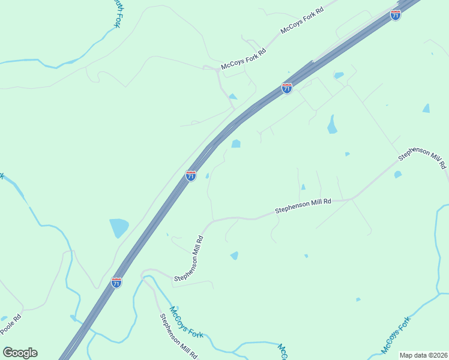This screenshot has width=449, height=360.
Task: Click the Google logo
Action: point(20,353)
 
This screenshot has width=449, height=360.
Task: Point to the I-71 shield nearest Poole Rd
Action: point(116,282)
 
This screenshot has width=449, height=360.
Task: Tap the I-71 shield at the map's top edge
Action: point(395,15)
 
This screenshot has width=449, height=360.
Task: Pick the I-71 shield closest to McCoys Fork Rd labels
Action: point(287,88)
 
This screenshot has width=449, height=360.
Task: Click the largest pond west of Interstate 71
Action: point(119,228)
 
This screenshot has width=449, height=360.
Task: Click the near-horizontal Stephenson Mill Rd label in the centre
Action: point(303,207)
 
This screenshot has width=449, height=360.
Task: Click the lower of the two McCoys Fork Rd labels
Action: point(244,58)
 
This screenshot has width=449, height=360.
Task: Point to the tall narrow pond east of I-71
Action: point(331,124)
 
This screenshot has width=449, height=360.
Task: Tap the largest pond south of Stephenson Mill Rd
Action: point(234,256)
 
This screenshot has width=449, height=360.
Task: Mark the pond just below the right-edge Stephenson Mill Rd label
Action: point(397,175)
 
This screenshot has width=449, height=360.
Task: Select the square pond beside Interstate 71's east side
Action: point(236,143)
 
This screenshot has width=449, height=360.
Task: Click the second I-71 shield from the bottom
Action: point(191,175)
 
